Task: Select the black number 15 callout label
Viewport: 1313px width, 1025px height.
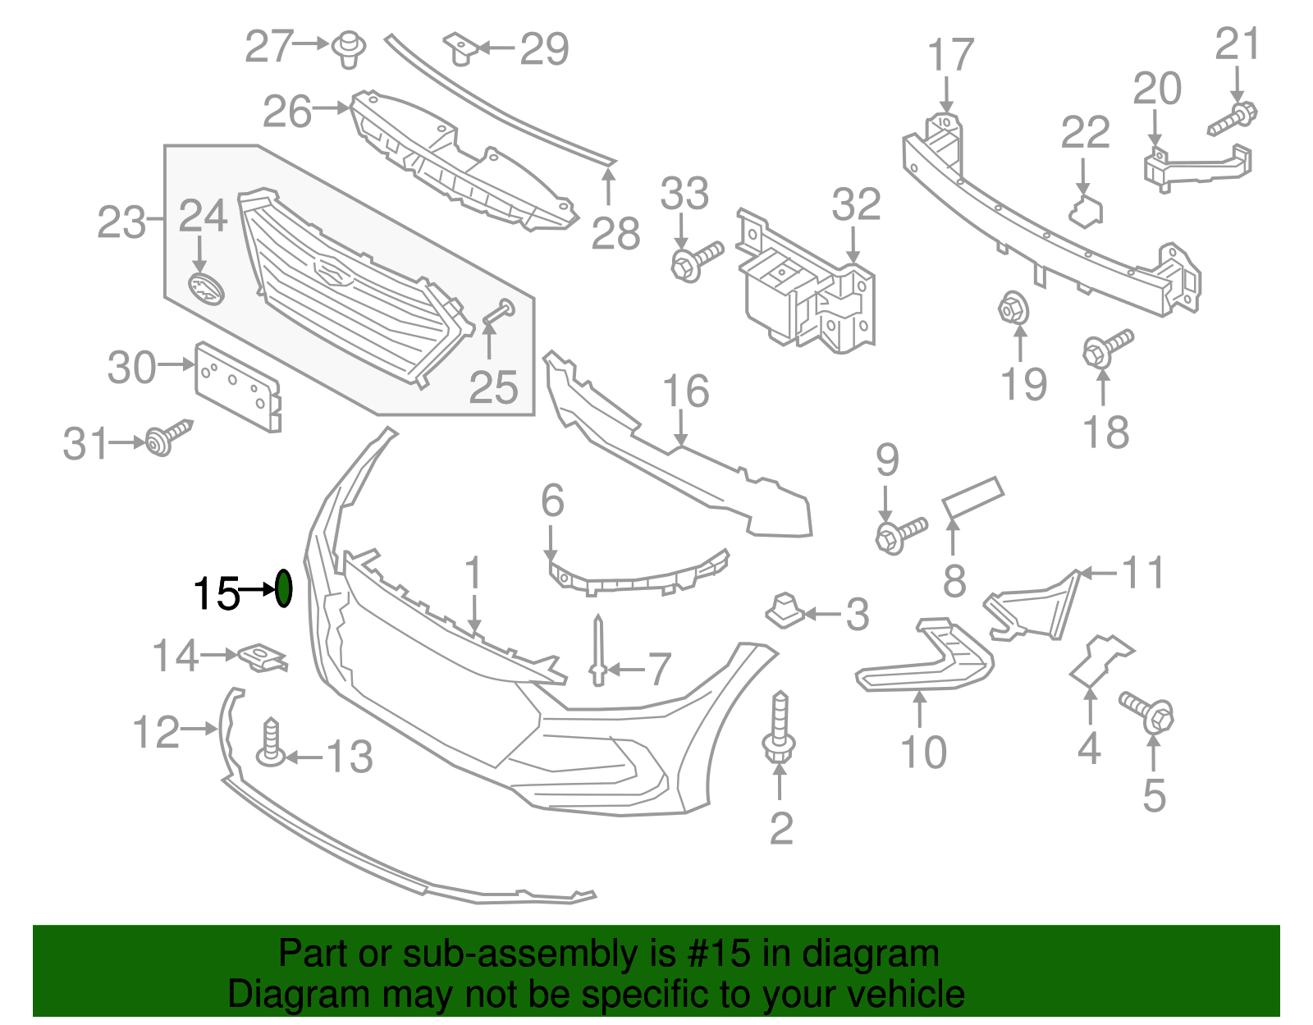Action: click(x=216, y=593)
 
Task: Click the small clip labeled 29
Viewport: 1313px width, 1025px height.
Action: click(x=461, y=49)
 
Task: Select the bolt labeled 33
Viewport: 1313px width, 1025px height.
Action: click(x=696, y=261)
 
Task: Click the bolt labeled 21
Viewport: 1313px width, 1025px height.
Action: click(x=1232, y=117)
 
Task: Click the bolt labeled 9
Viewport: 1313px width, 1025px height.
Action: click(x=900, y=533)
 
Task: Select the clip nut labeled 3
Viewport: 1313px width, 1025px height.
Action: click(x=784, y=610)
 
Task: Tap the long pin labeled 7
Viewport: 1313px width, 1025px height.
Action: click(x=598, y=650)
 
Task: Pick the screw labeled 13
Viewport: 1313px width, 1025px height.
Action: click(x=270, y=744)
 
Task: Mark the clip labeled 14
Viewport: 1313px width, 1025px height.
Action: click(x=262, y=657)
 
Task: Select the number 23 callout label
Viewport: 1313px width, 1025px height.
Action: click(x=121, y=222)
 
